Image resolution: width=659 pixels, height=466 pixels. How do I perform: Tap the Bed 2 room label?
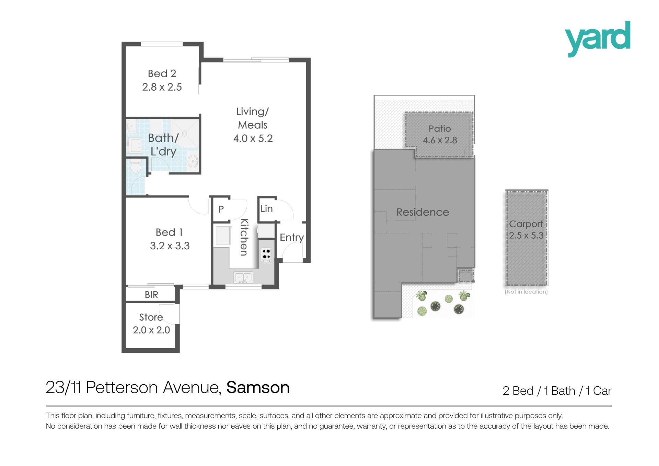162,73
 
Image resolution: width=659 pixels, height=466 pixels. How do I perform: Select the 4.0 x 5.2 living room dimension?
253,138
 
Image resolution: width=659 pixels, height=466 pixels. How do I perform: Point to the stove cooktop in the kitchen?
266,255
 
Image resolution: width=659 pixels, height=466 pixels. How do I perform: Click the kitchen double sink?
243,277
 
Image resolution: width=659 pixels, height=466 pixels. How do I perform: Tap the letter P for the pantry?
221,209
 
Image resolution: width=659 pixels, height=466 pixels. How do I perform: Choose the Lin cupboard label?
267,209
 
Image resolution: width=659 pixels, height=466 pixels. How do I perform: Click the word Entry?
292,238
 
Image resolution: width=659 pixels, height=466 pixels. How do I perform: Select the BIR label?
151,295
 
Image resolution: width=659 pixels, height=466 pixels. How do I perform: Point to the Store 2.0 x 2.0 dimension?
151,330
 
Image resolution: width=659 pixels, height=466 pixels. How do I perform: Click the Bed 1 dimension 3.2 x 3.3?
170,246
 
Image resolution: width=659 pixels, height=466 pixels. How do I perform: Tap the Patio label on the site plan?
440,129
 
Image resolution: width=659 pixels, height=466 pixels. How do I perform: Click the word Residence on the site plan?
423,212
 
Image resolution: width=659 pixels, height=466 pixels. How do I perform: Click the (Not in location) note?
526,292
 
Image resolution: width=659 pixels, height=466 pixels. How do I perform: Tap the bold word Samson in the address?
258,387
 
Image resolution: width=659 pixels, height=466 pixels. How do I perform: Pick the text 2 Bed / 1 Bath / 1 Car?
557,391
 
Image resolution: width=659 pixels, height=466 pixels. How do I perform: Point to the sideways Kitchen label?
244,237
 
